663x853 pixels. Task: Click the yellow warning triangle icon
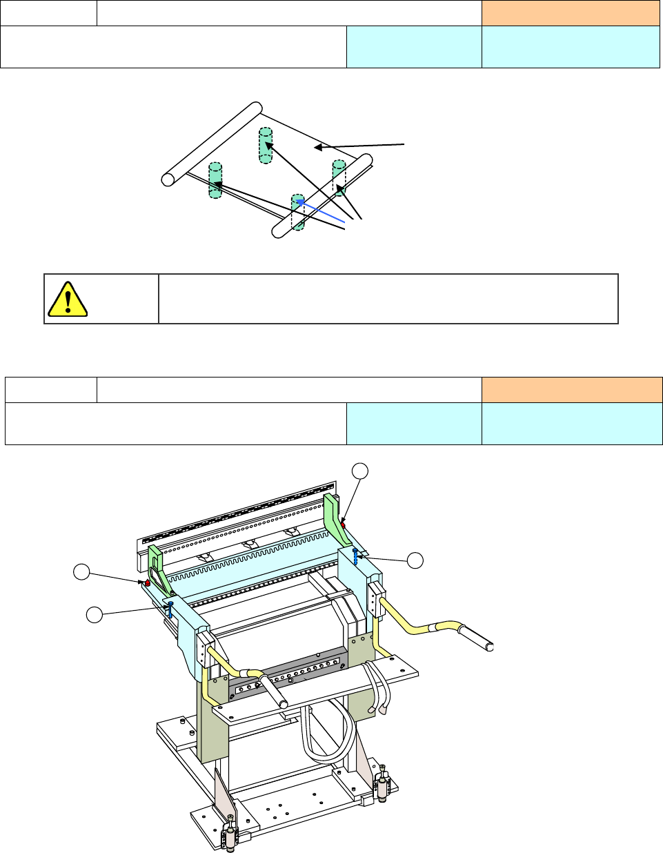point(67,299)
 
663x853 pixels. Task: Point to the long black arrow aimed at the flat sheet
point(360,146)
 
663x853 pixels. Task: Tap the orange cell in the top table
point(571,13)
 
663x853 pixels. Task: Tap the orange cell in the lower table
point(571,390)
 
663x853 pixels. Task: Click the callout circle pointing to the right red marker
point(359,471)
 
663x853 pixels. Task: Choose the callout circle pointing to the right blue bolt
point(415,560)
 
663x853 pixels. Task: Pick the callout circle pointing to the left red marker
point(82,571)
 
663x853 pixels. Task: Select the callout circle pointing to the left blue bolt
point(95,612)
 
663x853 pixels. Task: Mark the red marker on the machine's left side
point(147,583)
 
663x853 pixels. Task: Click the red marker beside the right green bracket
point(343,525)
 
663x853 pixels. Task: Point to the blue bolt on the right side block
point(355,554)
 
